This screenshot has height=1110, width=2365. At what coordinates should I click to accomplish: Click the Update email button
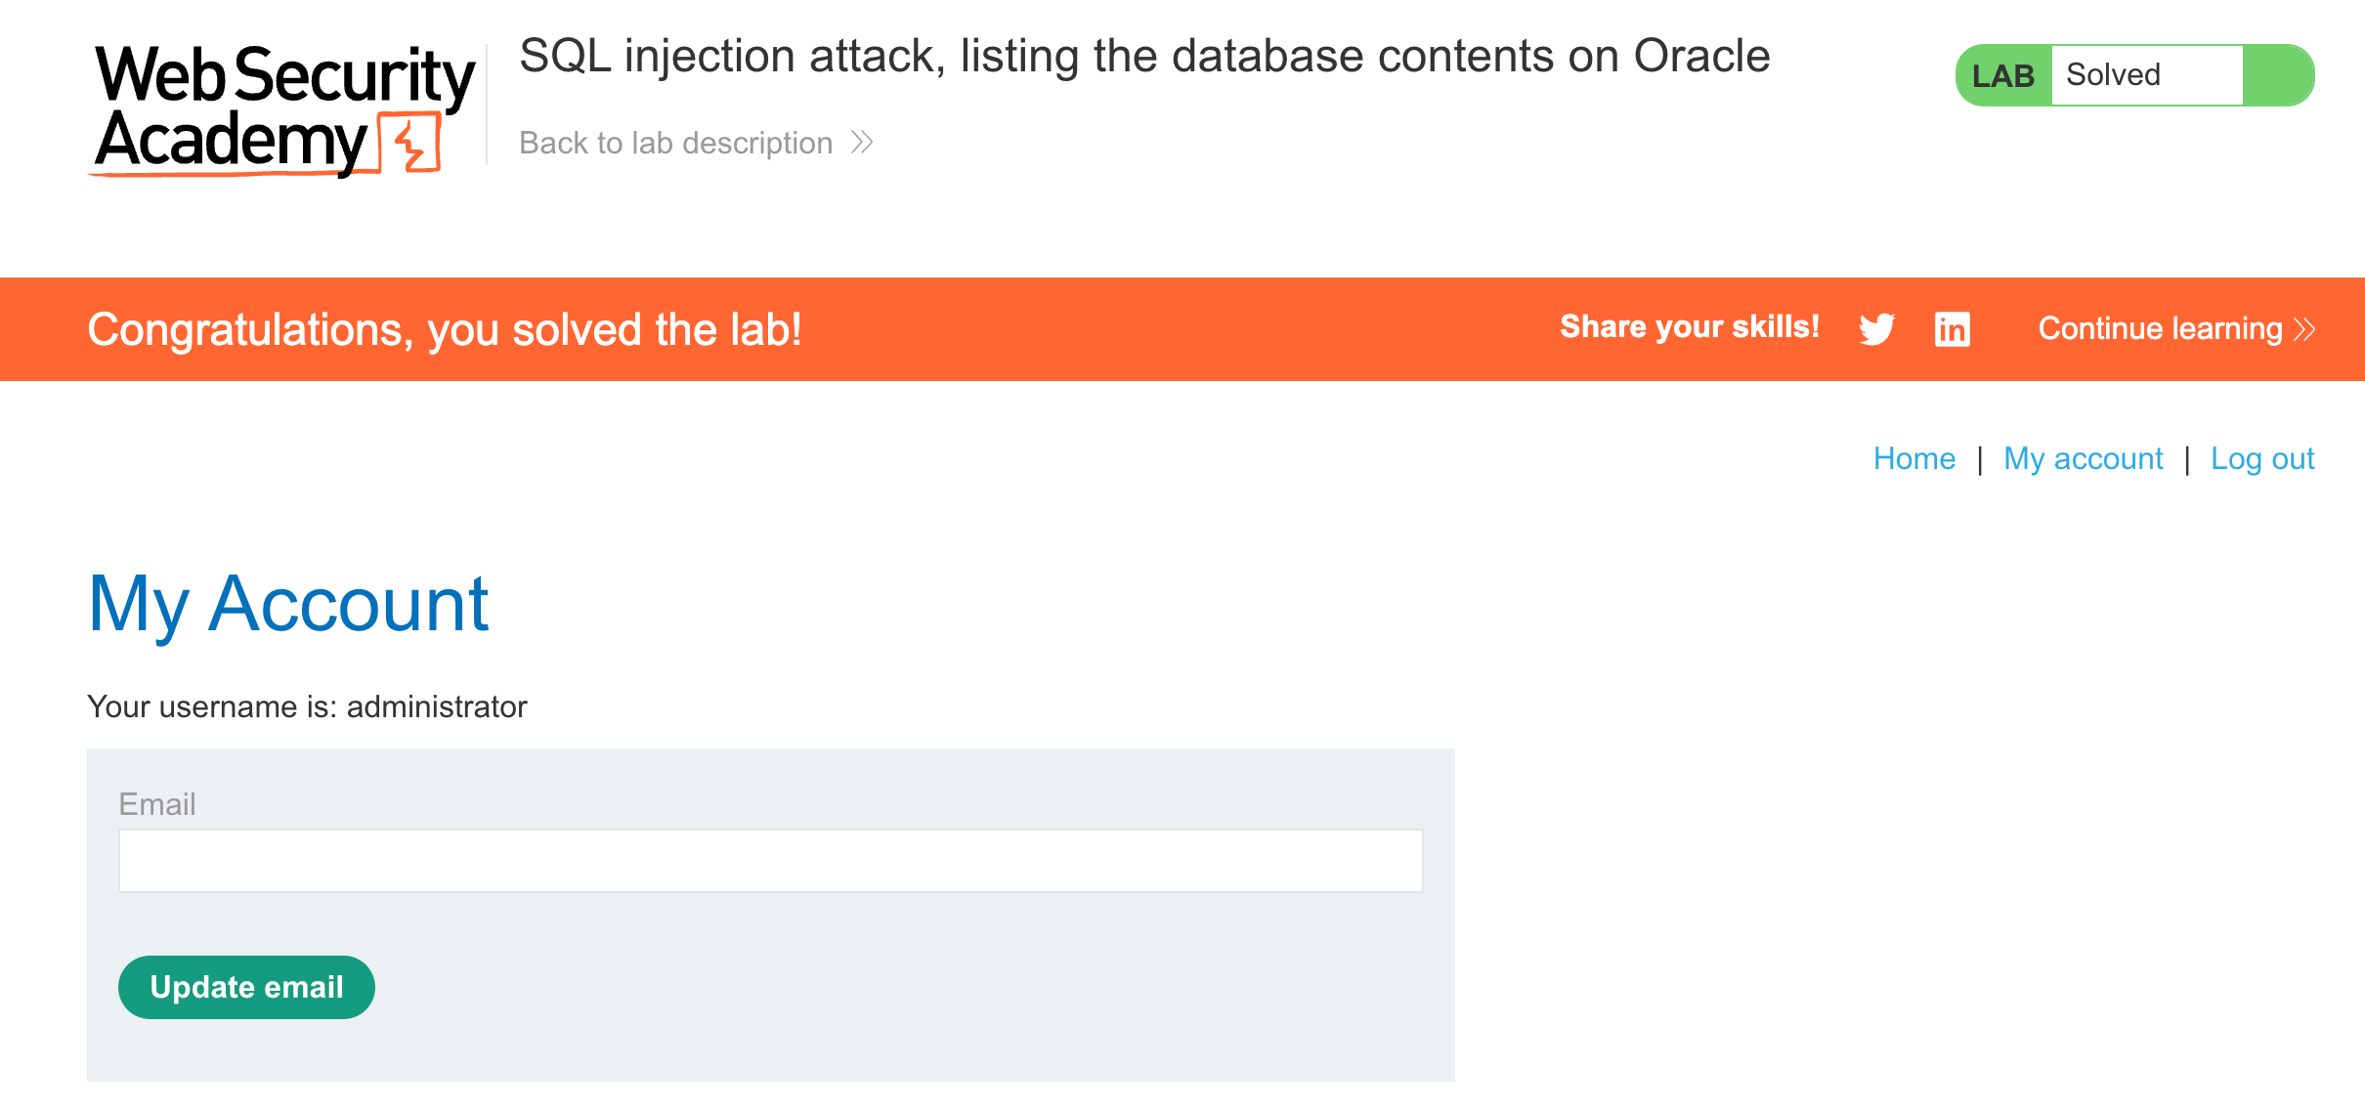(246, 987)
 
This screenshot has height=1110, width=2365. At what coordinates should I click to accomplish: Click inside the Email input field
(770, 861)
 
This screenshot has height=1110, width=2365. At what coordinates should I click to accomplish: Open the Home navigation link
(1913, 458)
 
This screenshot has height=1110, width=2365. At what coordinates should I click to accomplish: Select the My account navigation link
(2083, 458)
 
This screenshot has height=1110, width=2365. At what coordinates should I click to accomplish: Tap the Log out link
(2261, 458)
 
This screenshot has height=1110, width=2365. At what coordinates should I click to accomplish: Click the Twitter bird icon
(1876, 329)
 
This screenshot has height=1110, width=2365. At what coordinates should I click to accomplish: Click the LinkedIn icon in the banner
(1952, 329)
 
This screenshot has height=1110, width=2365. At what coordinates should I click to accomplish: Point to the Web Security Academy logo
(283, 109)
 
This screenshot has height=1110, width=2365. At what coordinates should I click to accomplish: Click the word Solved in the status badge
(2113, 75)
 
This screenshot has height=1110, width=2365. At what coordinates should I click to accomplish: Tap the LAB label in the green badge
(2002, 75)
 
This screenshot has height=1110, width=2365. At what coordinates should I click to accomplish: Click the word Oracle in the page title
(1701, 57)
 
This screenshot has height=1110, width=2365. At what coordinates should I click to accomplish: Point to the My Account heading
(288, 605)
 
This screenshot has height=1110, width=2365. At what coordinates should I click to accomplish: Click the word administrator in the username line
(437, 706)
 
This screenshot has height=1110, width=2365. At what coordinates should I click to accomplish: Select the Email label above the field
(157, 804)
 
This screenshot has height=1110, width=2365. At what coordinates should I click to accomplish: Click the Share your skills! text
(1689, 327)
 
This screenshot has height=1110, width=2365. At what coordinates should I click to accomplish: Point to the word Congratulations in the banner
(244, 330)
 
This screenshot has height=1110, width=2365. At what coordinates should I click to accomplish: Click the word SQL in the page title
(565, 57)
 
